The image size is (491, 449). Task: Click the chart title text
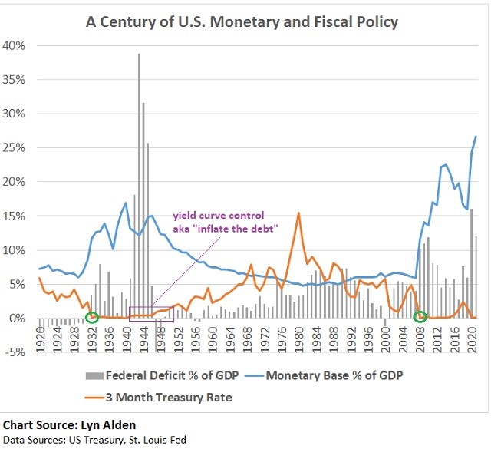[242, 21]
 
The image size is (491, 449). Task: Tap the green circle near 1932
[92, 317]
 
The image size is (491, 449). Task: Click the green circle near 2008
[420, 316]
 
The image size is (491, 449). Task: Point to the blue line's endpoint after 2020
[476, 137]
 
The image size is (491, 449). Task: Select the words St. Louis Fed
[158, 440]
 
